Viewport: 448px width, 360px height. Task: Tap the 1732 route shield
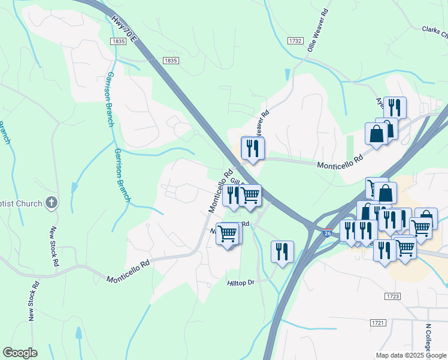click(295, 41)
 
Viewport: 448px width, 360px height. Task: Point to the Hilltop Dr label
click(241, 283)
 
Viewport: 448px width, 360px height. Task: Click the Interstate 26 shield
click(327, 232)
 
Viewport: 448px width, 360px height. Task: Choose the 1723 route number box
click(393, 296)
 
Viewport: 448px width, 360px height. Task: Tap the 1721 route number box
click(377, 323)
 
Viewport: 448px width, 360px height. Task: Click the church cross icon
click(52, 203)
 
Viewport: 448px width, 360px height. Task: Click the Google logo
click(20, 353)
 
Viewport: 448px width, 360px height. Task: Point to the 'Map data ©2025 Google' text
click(411, 355)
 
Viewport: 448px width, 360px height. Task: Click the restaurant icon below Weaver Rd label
click(252, 148)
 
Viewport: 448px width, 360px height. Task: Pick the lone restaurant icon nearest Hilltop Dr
click(282, 251)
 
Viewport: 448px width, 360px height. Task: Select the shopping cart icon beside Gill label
click(250, 195)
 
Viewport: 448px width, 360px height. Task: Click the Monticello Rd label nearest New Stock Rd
click(128, 272)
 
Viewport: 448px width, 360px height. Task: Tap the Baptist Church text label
click(22, 203)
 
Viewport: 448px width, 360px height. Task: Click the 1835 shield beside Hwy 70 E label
click(117, 41)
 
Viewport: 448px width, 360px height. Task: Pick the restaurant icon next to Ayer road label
click(394, 107)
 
